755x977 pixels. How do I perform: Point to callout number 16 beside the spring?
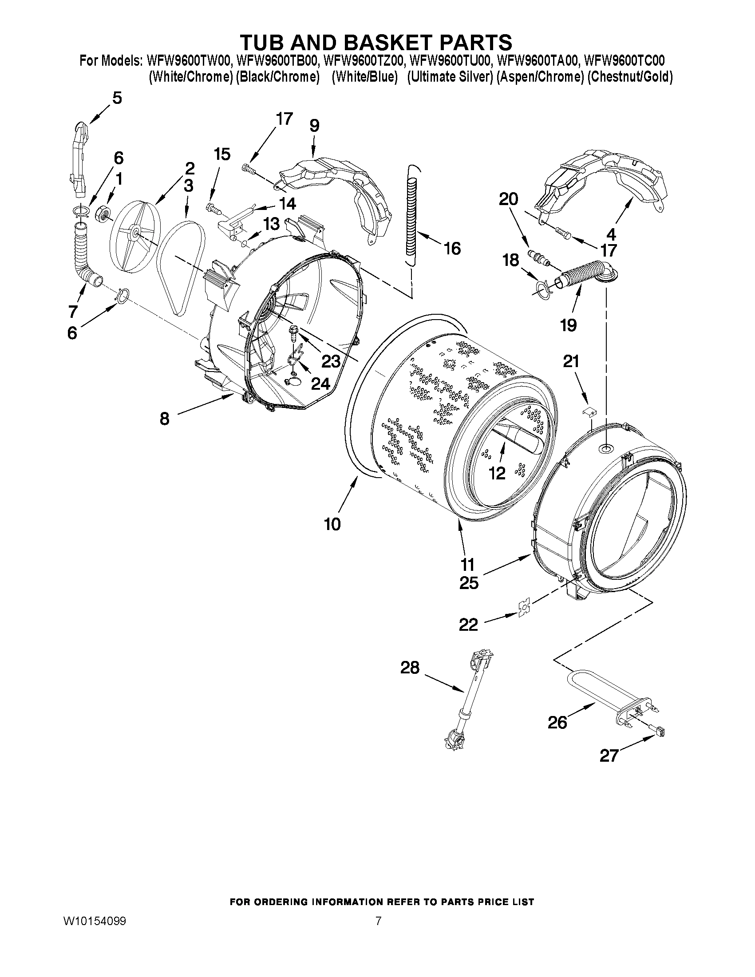click(x=453, y=248)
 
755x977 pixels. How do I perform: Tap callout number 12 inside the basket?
click(x=497, y=473)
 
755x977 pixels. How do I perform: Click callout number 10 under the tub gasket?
click(x=332, y=524)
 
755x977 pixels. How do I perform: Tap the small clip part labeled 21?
click(x=591, y=411)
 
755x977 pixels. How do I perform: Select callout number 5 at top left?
click(x=117, y=98)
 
